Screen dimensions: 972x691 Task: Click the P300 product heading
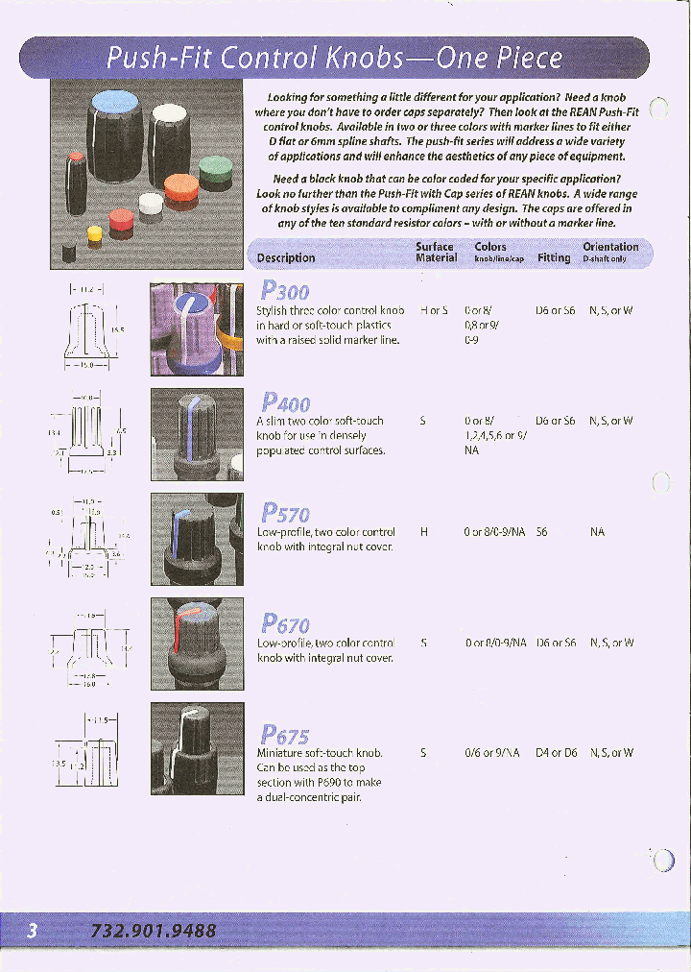284,290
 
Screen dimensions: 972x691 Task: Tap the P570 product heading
285,513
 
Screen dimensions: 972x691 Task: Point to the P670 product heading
285,624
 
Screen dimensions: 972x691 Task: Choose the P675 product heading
285,736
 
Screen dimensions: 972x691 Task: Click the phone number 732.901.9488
153,931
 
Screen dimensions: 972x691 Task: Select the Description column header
286,257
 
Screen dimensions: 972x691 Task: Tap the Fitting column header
554,257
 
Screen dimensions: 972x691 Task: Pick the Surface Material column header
436,253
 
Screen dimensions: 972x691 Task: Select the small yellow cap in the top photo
94,234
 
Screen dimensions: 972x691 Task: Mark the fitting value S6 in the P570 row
542,532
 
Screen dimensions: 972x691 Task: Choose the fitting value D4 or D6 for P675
556,754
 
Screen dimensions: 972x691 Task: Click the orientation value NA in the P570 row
597,532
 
